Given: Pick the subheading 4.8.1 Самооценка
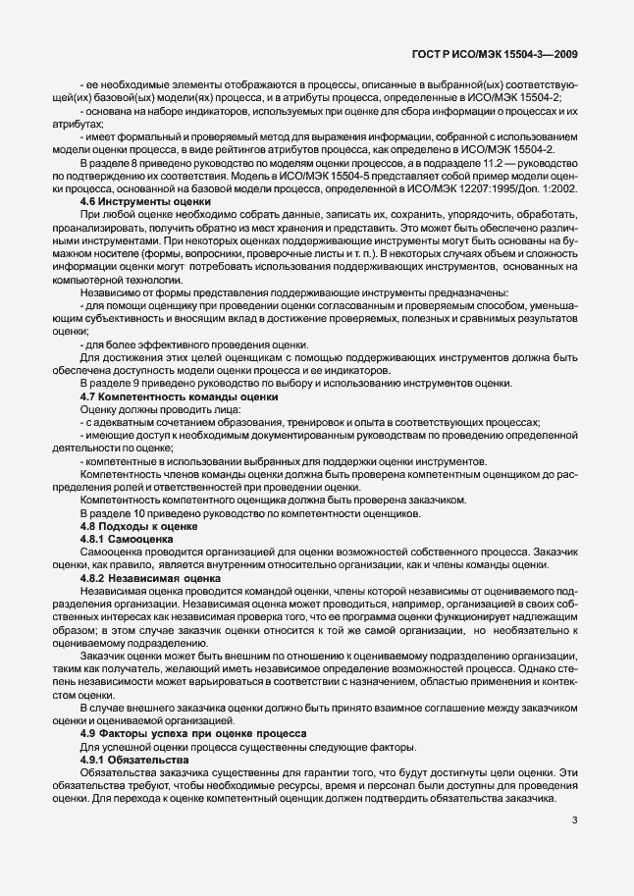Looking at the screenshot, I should click(126, 539).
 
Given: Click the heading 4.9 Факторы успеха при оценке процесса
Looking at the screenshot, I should click(194, 735).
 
